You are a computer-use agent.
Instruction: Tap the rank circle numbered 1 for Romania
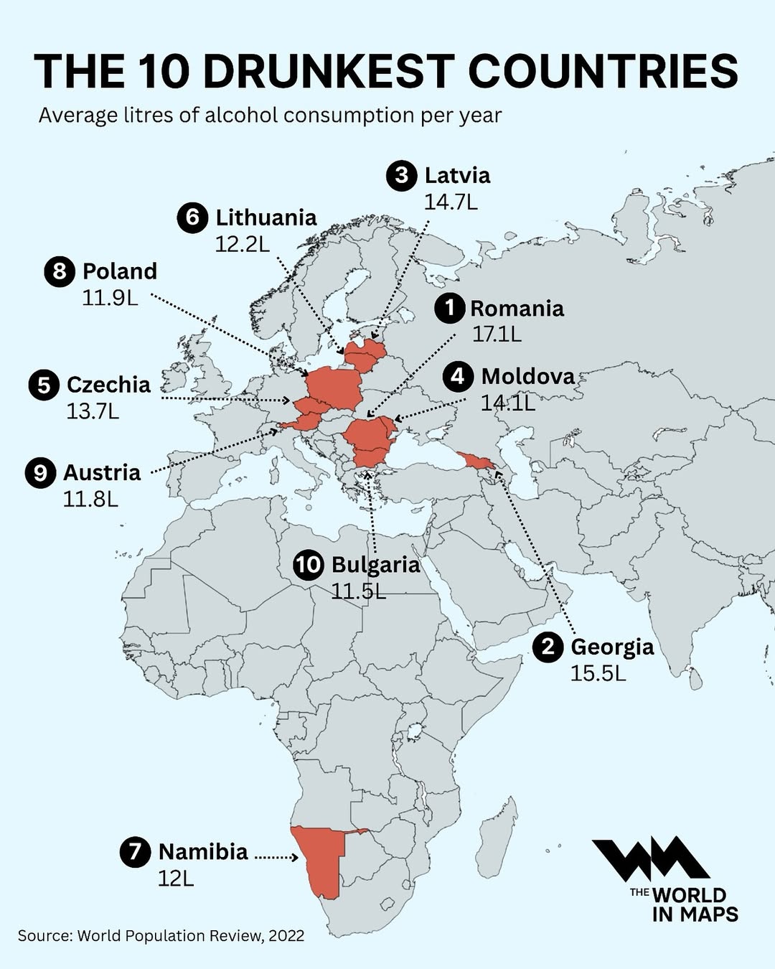(x=450, y=308)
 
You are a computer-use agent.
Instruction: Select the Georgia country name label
(x=612, y=647)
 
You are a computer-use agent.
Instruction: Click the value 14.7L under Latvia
(x=451, y=202)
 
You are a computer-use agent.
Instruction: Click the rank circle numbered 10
(x=309, y=564)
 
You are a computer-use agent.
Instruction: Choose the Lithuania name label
(x=266, y=217)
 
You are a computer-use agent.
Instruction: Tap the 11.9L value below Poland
(x=110, y=297)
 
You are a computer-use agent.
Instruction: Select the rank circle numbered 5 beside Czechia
(x=44, y=385)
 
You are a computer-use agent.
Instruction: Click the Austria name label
(x=102, y=472)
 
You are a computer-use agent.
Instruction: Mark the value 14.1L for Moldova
(x=508, y=403)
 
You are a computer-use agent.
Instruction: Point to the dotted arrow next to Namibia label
(x=276, y=857)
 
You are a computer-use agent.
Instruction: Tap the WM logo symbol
(x=649, y=859)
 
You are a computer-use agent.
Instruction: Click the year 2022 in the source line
(x=287, y=936)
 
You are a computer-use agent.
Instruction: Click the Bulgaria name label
(x=375, y=564)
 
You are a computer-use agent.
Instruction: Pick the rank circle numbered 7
(x=135, y=852)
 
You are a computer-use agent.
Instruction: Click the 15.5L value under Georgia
(x=598, y=673)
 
